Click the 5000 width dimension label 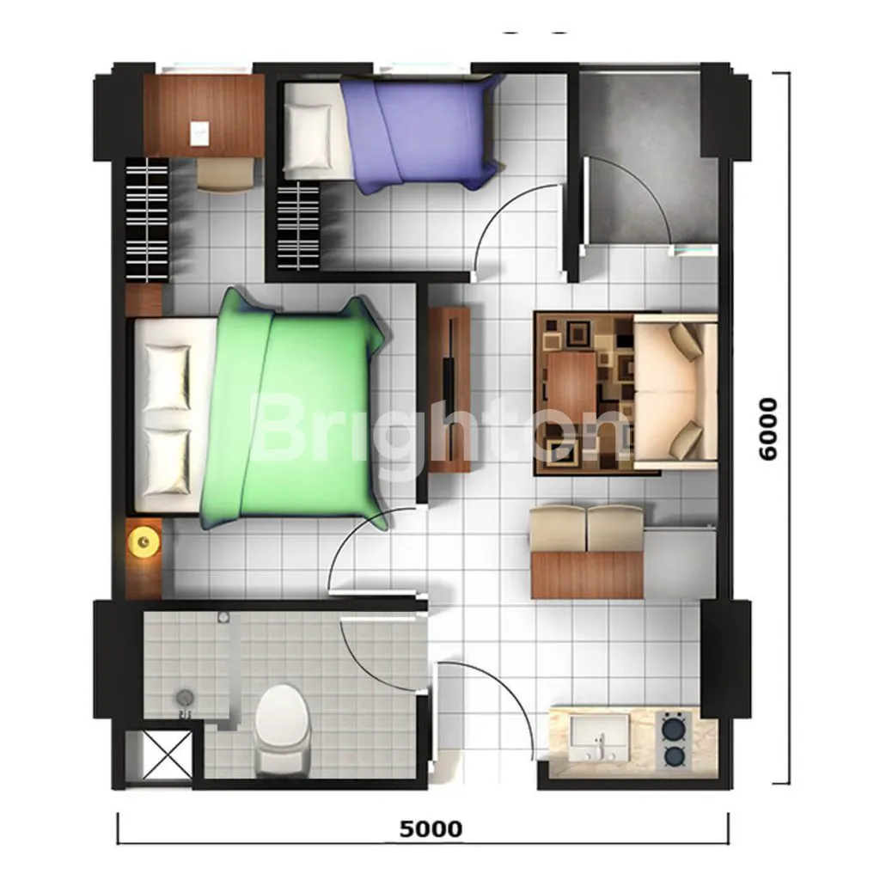click(431, 828)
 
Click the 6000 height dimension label click(767, 430)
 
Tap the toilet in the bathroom click(282, 729)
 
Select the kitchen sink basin click(599, 737)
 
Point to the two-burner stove click(673, 741)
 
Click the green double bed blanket click(297, 410)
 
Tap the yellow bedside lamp click(144, 541)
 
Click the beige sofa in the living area click(675, 391)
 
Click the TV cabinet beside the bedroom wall click(449, 389)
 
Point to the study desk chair click(225, 174)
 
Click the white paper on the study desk click(199, 134)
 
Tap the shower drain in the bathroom click(185, 699)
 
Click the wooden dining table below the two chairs click(587, 574)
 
